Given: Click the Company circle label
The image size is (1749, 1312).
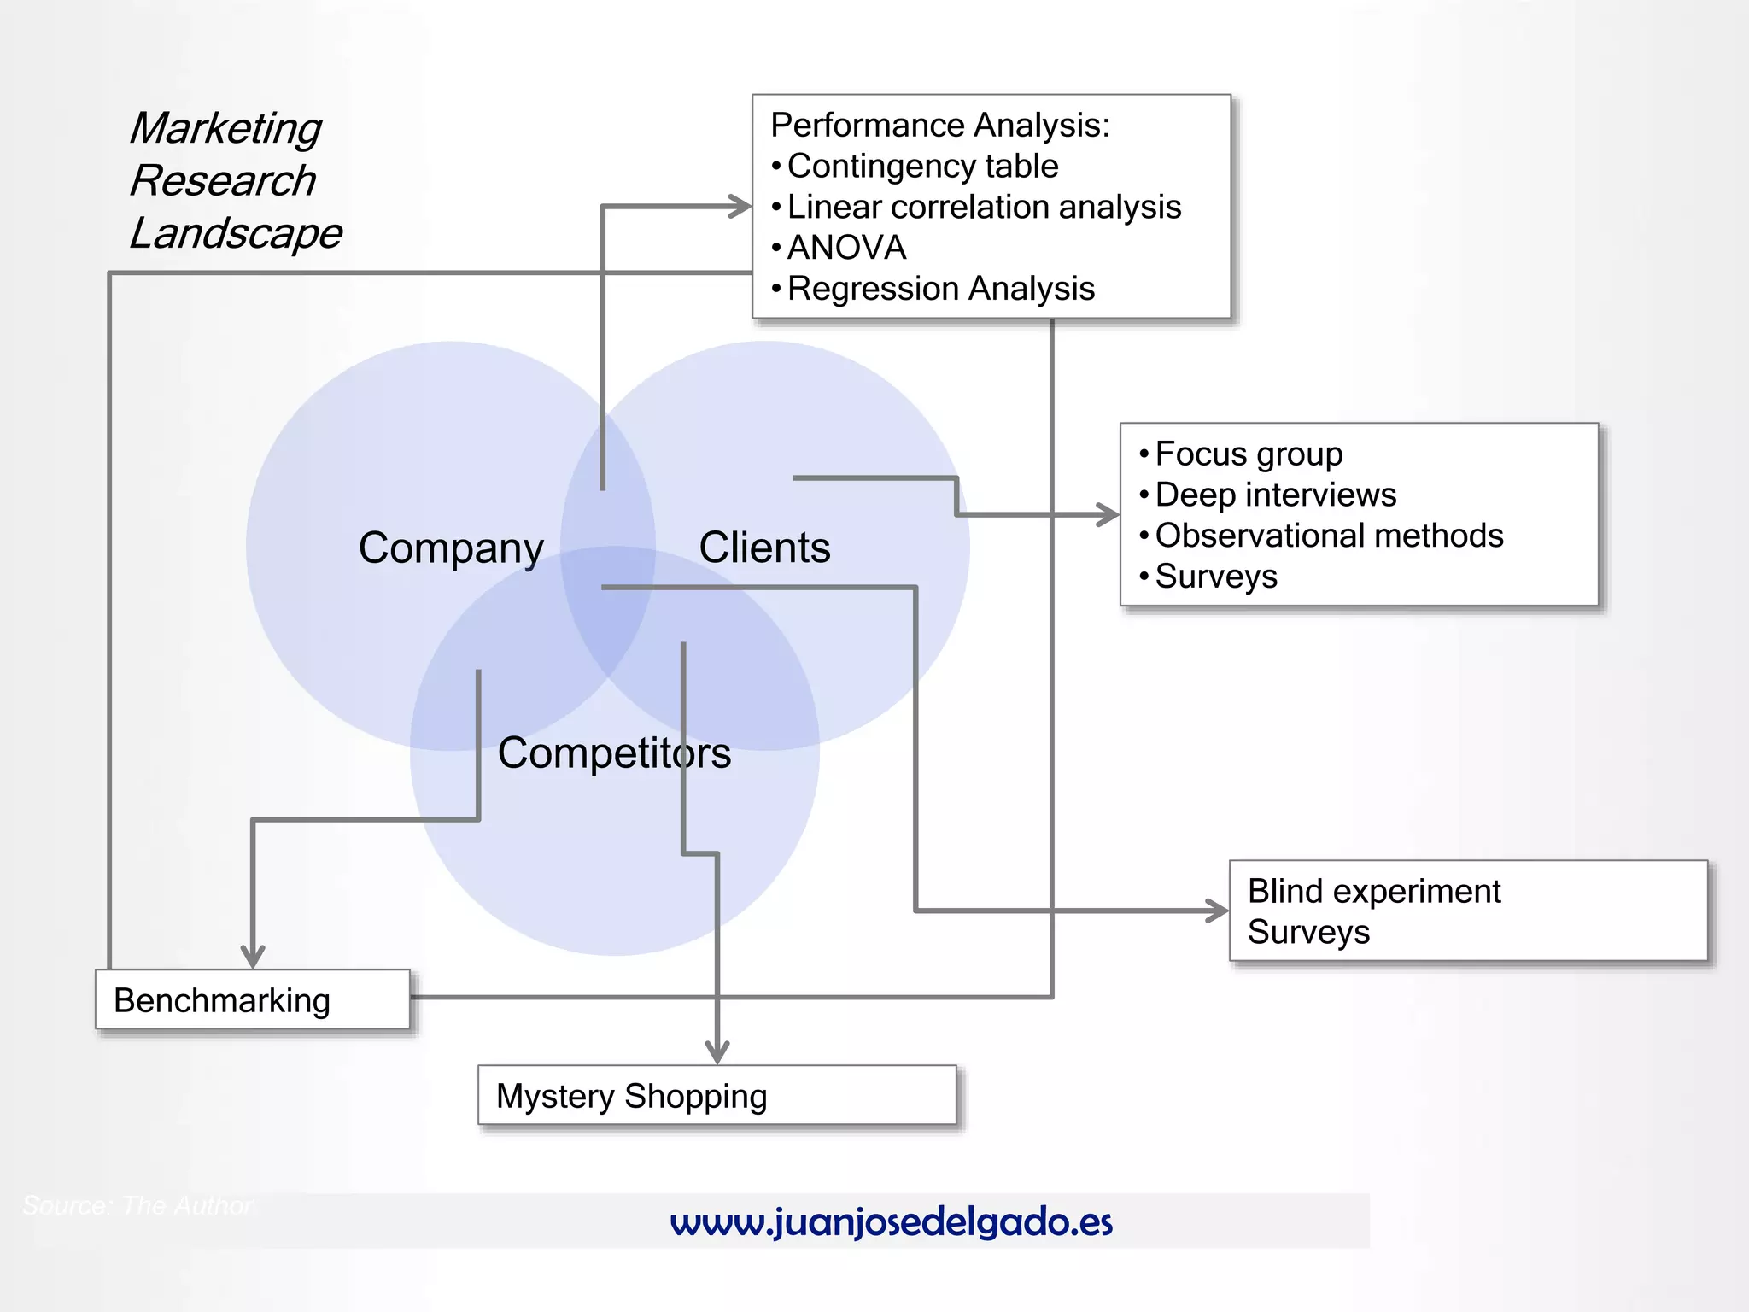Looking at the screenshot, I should point(451,548).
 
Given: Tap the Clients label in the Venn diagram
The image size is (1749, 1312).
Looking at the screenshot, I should point(764,548).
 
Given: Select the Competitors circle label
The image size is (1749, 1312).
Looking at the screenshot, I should point(614,753).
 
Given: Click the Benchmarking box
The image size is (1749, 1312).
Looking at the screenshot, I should point(253,999).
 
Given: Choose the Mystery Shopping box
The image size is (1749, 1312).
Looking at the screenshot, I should point(717,1096).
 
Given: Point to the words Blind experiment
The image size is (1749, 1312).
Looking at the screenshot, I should point(1373,892).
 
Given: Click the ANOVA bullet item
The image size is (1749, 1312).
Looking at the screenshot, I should point(846,248).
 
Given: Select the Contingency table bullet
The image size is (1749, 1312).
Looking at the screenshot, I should point(922,167).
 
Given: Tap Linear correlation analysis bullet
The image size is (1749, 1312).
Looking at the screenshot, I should point(984,208).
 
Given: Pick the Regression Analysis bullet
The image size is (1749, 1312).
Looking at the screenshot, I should point(940,289).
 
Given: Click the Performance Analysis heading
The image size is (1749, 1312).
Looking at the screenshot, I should point(939,126).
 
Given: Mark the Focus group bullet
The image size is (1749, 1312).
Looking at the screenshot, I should point(1249,454).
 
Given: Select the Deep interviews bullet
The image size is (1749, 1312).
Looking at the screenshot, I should point(1276,495).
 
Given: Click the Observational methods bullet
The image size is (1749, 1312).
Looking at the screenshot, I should point(1329,536).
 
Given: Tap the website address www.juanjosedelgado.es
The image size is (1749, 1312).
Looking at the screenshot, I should point(891,1222).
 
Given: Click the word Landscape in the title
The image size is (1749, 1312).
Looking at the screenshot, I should point(236,233).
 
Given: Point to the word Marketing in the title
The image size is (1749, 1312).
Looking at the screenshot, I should point(225,129).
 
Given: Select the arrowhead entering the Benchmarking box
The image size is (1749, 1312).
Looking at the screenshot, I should point(253,957).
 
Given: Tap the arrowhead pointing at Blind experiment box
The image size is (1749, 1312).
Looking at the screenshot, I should point(1218,911).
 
